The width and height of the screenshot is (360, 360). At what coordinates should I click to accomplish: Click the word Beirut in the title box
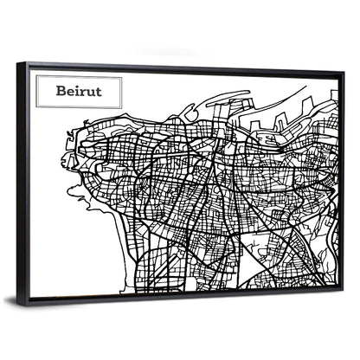tap(77, 90)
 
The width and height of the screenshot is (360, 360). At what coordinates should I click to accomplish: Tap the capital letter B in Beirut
tap(61, 90)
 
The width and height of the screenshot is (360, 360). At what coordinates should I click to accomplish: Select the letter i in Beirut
tap(76, 90)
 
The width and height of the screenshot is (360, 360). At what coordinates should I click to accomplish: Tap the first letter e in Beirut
tap(69, 91)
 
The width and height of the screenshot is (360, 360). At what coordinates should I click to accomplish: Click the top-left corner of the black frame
tap(27, 63)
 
